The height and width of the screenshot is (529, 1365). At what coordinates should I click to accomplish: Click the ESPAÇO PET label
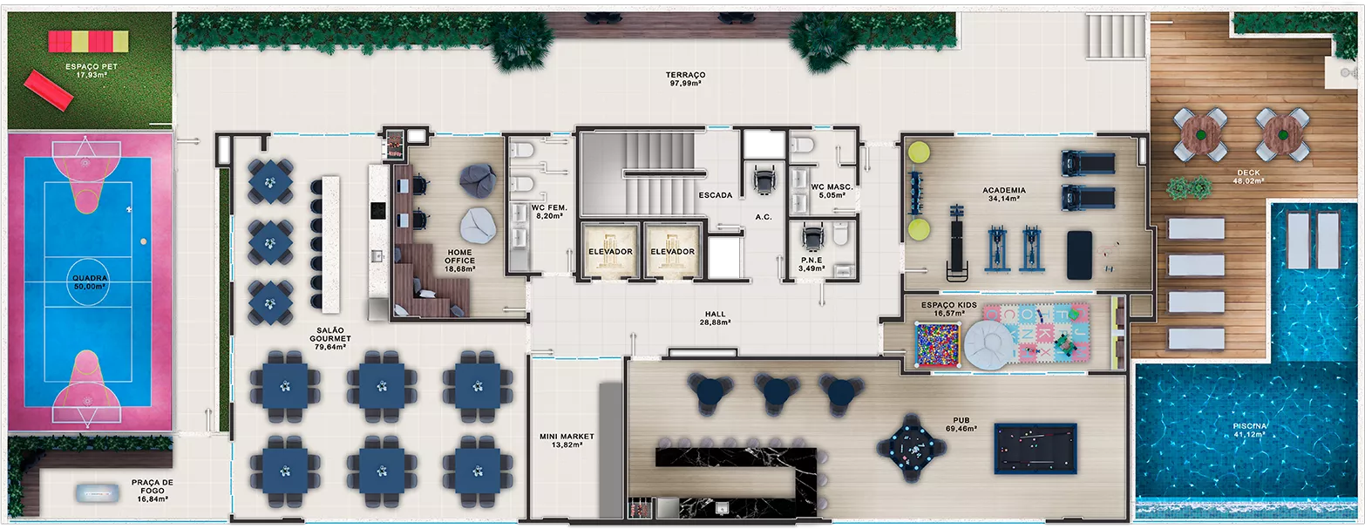[92, 71]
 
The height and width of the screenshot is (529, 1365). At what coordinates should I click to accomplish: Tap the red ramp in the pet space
[49, 90]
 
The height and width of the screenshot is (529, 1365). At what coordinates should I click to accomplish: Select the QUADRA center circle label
[90, 282]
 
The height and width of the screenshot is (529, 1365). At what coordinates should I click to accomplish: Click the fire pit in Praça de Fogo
[97, 492]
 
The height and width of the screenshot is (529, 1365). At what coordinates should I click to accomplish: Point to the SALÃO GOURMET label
[330, 338]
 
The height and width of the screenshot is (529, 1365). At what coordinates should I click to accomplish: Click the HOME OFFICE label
[459, 261]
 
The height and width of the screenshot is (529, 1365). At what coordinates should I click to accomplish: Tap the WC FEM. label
[549, 212]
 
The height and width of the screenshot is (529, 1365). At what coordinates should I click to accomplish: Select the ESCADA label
[716, 195]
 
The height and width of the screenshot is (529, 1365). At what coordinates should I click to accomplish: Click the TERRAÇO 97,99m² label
[685, 78]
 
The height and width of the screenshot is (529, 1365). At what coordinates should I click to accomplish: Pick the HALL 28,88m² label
[716, 318]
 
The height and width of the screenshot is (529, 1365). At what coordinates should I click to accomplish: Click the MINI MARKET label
[567, 441]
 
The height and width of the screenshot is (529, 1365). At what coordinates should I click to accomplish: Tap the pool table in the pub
[1036, 449]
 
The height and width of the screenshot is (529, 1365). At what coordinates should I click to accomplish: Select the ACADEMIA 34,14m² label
[1004, 194]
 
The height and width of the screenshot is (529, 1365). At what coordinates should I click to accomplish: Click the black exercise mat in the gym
[1079, 254]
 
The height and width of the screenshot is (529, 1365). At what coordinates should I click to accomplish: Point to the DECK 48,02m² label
[1248, 177]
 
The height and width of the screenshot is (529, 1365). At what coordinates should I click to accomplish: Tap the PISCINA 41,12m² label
[1250, 431]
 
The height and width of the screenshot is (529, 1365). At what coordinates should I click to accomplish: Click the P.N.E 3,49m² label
[812, 264]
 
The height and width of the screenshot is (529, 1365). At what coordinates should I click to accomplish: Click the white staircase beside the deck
[1116, 36]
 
